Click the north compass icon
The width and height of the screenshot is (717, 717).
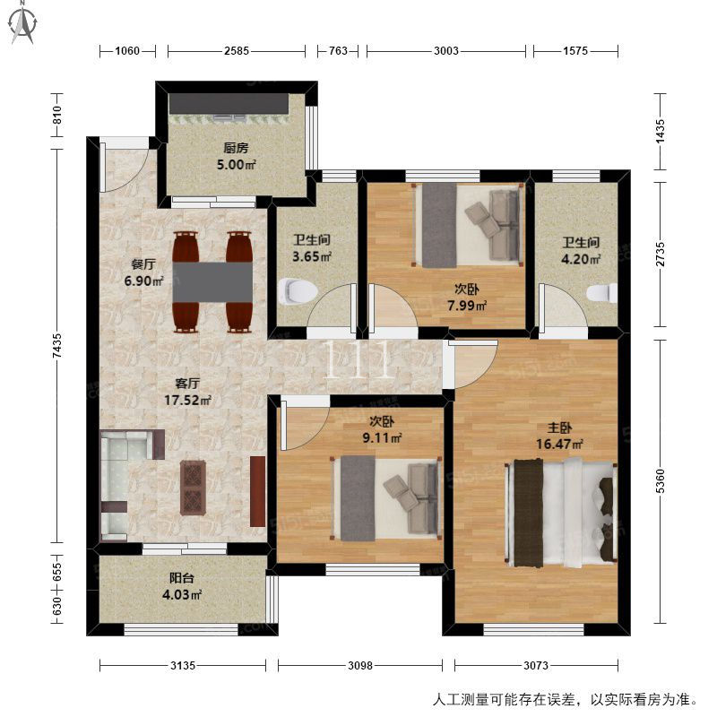pyautogui.click(x=23, y=23)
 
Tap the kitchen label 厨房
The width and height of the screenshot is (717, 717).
pyautogui.click(x=236, y=148)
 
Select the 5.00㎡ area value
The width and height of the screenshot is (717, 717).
pyautogui.click(x=236, y=164)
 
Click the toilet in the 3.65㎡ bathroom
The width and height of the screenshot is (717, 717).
pyautogui.click(x=298, y=291)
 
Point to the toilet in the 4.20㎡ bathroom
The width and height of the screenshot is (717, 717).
pyautogui.click(x=601, y=293)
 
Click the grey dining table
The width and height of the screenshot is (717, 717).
pyautogui.click(x=212, y=282)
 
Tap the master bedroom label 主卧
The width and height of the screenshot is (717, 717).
pyautogui.click(x=559, y=428)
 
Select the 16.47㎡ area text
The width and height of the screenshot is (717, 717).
pyautogui.click(x=559, y=444)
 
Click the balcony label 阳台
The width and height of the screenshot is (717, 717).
pyautogui.click(x=182, y=578)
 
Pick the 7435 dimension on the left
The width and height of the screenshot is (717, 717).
pyautogui.click(x=56, y=346)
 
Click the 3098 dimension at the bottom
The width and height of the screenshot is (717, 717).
pyautogui.click(x=360, y=665)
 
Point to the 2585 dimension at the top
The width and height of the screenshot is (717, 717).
pyautogui.click(x=237, y=51)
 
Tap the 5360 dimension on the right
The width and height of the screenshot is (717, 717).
pyautogui.click(x=660, y=481)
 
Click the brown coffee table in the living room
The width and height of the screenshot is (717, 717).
pyautogui.click(x=193, y=488)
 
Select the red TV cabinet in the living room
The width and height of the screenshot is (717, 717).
pyautogui.click(x=258, y=491)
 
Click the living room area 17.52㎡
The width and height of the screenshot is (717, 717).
pyautogui.click(x=187, y=401)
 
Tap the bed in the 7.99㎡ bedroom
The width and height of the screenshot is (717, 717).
pyautogui.click(x=468, y=226)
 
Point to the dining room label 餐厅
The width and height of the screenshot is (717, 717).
pyautogui.click(x=143, y=264)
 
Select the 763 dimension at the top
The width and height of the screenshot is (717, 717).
pyautogui.click(x=339, y=51)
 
